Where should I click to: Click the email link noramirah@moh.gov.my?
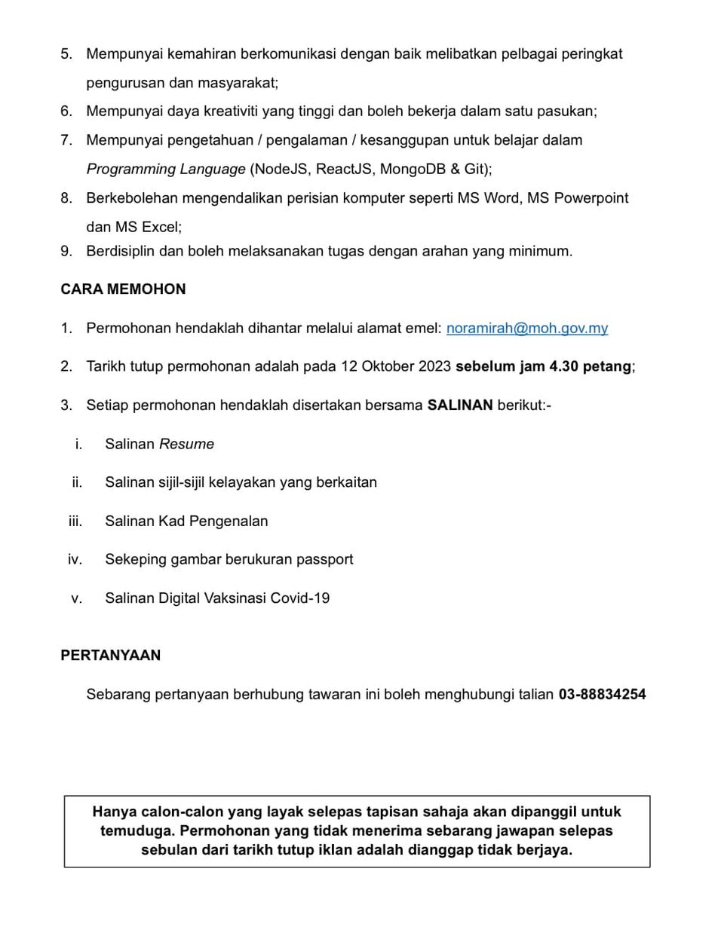click(x=526, y=328)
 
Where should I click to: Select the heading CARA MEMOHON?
click(x=123, y=289)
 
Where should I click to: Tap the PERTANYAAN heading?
click(x=110, y=656)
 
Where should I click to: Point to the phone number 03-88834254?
click(x=602, y=694)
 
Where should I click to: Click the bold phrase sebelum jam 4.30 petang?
click(x=543, y=366)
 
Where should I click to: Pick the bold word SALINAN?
click(x=460, y=405)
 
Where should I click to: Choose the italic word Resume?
click(x=186, y=444)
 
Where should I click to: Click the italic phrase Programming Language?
click(x=166, y=169)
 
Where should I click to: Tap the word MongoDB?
click(x=413, y=169)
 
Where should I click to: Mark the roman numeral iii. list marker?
click(x=75, y=521)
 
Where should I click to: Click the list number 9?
click(x=66, y=251)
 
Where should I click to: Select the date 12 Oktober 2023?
click(x=396, y=366)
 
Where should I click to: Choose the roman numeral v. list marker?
click(x=76, y=598)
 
